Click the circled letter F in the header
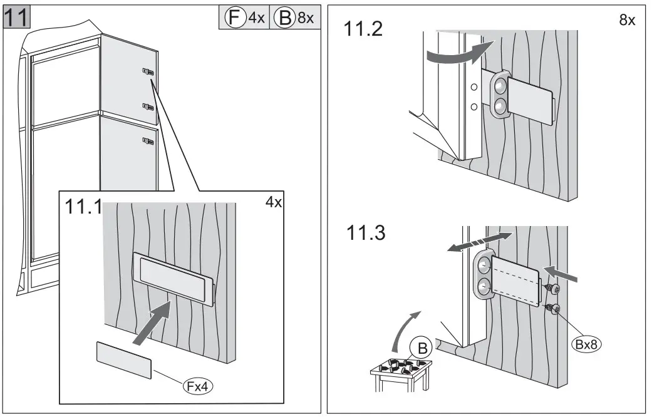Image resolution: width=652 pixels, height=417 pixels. point(235,18)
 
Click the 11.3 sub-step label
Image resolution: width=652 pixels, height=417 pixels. point(368,233)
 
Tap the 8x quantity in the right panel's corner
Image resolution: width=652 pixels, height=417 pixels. point(626,20)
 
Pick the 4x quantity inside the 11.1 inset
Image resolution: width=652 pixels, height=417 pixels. point(274,202)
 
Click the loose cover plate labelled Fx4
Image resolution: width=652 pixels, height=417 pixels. point(124,360)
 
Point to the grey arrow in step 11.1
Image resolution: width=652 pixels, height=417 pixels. point(153,322)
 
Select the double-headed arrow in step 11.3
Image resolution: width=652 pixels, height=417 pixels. point(480,242)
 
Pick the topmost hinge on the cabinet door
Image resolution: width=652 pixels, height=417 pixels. point(148,73)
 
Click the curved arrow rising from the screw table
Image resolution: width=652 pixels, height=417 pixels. point(404,329)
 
